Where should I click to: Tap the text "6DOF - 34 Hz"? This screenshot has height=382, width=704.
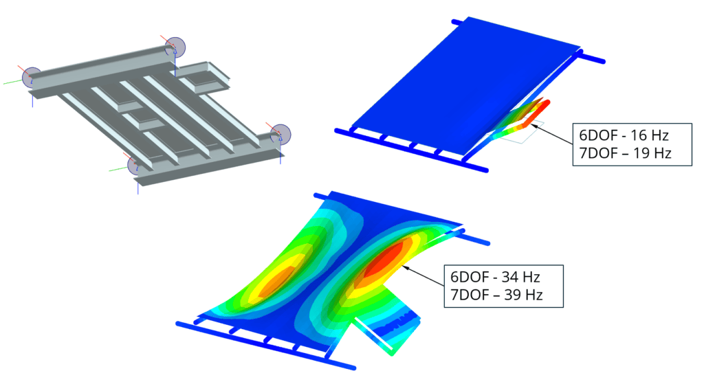(x=495, y=278)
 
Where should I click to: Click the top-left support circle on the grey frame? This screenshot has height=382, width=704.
(x=32, y=78)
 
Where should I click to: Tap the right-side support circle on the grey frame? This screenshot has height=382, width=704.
(x=280, y=134)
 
